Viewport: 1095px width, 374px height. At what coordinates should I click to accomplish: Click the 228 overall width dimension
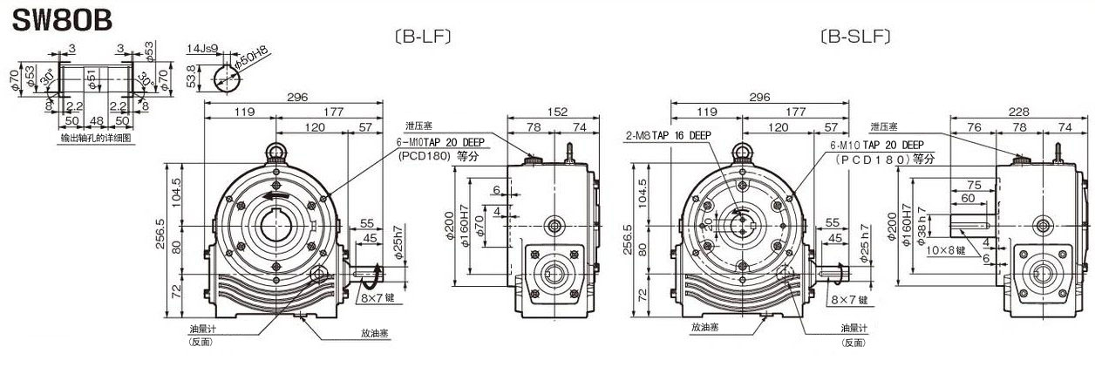[1017, 112]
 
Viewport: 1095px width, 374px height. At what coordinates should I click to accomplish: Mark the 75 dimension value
[974, 185]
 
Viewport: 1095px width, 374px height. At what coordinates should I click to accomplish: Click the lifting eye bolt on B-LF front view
[276, 152]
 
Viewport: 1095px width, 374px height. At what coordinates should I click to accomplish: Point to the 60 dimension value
[968, 198]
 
